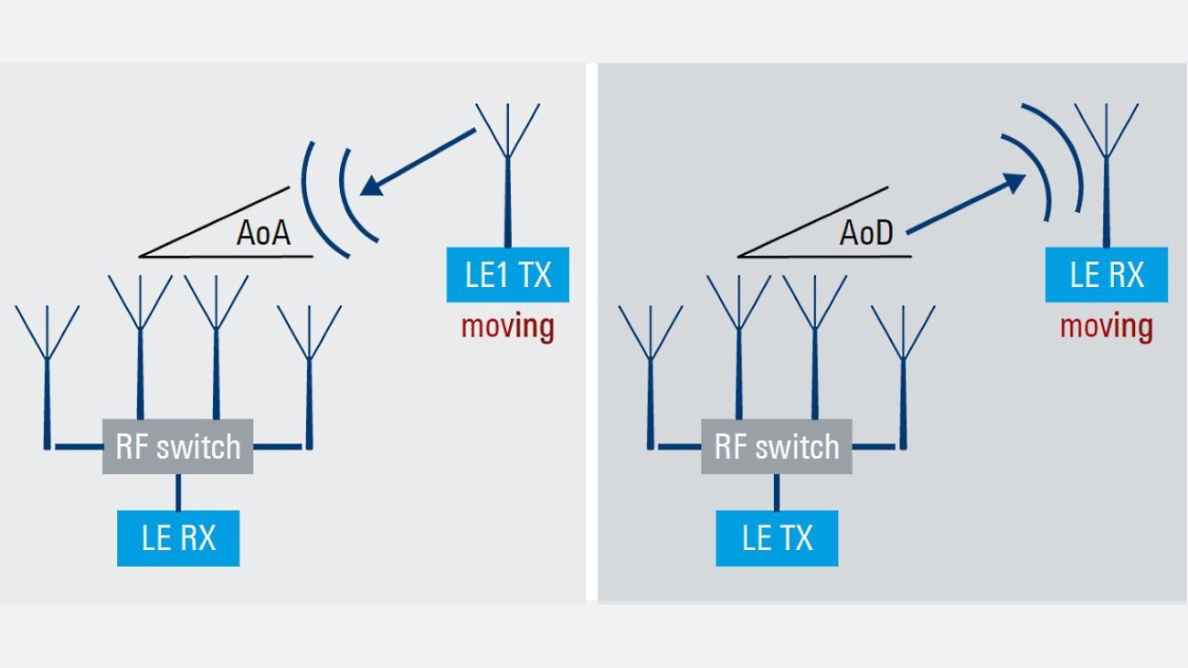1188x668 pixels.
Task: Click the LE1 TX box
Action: pos(507,274)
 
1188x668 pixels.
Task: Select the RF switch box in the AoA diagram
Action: pos(177,447)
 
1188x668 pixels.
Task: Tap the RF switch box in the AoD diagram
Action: pos(776,447)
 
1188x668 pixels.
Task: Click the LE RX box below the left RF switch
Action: pos(178,537)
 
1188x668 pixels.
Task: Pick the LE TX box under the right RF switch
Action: pos(777,537)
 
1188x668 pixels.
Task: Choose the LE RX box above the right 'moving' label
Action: pos(1107,274)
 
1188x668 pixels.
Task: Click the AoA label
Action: pos(263,234)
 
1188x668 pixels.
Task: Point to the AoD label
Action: pos(865,234)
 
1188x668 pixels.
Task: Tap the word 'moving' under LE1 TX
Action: pos(507,326)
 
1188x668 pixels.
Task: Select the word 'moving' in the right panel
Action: pos(1107,326)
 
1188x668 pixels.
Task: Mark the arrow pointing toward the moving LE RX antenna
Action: pos(967,204)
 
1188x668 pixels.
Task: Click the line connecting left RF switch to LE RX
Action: pos(178,492)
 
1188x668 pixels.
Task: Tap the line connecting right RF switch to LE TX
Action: pos(777,492)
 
